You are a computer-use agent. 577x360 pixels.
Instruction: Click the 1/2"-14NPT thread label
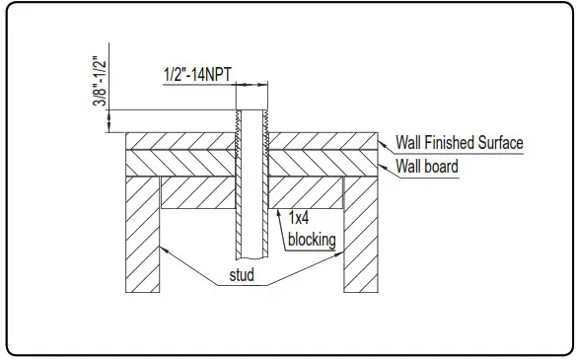pyautogui.click(x=198, y=73)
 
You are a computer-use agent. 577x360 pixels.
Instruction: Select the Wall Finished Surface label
pyautogui.click(x=459, y=143)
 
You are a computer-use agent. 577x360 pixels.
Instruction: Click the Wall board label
pyautogui.click(x=426, y=167)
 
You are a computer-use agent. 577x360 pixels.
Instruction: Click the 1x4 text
pyautogui.click(x=299, y=220)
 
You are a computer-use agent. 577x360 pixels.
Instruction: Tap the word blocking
pyautogui.click(x=310, y=240)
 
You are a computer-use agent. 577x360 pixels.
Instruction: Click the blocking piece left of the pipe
pyautogui.click(x=197, y=193)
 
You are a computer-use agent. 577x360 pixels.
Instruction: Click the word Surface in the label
pyautogui.click(x=500, y=143)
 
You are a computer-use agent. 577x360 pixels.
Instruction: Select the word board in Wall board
pyautogui.click(x=441, y=167)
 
